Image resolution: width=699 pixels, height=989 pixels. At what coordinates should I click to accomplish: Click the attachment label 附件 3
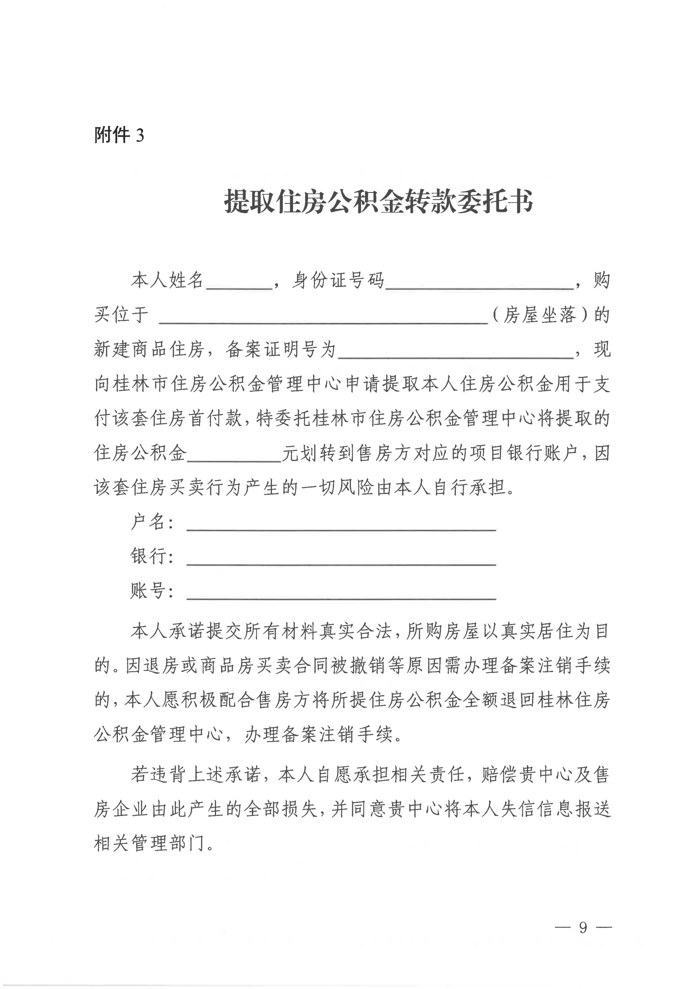coord(119,135)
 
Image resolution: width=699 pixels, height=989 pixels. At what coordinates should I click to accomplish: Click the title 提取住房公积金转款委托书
coord(378,202)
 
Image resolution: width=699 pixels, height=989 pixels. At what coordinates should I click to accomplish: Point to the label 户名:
coord(152,522)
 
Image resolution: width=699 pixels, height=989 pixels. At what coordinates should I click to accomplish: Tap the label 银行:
coord(152,556)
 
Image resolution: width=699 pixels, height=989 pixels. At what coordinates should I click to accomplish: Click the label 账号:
coord(152,591)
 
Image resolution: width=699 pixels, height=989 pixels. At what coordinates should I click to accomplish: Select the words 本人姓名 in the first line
coord(167,280)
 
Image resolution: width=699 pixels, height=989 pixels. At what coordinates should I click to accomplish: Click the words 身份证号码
coord(338,280)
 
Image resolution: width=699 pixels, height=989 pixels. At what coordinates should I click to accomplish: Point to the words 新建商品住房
coord(149,349)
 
